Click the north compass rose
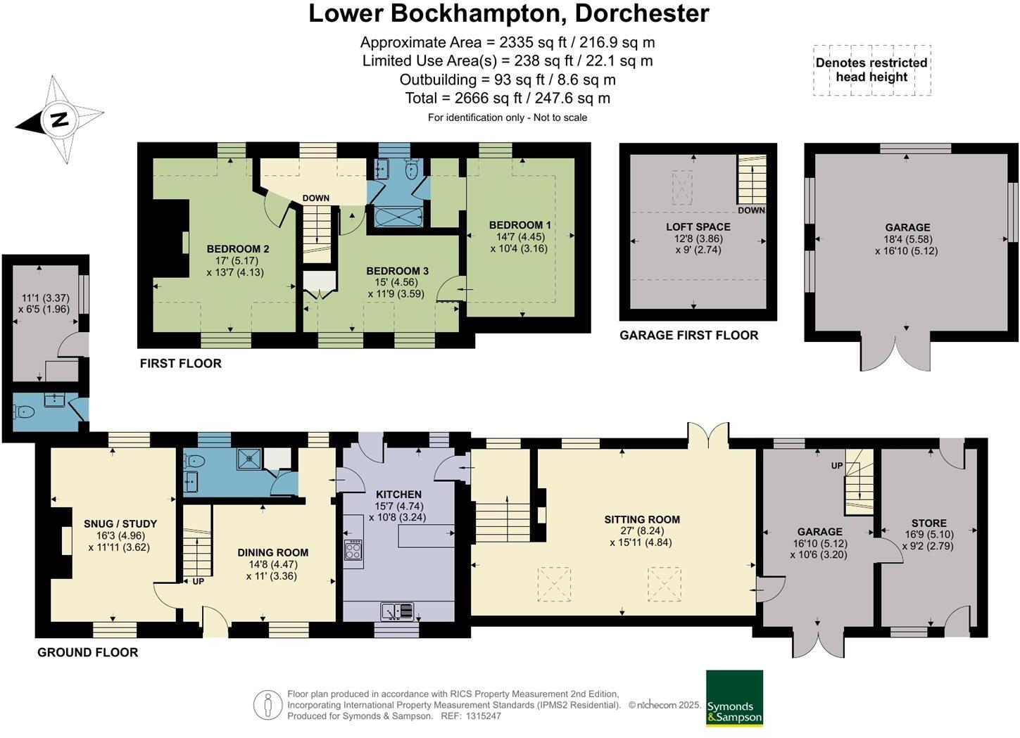click(x=60, y=119)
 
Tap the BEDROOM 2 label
click(x=238, y=249)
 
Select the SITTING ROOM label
click(x=642, y=520)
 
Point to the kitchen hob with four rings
click(x=353, y=551)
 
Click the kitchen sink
click(x=397, y=611)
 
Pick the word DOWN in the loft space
click(x=751, y=210)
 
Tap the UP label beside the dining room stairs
click(x=198, y=582)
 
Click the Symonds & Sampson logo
click(x=734, y=699)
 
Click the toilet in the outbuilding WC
click(x=24, y=412)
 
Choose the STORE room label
click(x=929, y=523)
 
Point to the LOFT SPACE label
click(x=698, y=227)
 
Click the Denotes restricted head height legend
click(x=871, y=70)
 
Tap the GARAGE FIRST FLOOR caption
click(x=689, y=336)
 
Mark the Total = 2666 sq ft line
click(x=508, y=98)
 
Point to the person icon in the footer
click(x=267, y=705)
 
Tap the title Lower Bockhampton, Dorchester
click(x=509, y=13)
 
